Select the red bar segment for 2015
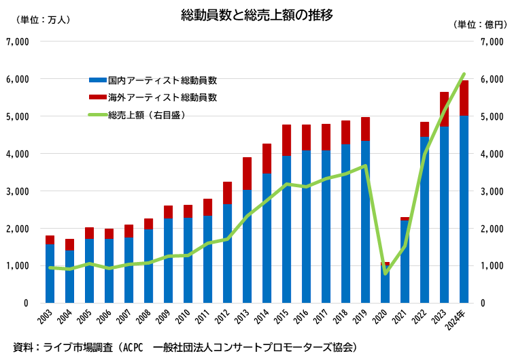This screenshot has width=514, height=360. click(x=287, y=140)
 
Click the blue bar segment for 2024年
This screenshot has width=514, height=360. click(x=464, y=209)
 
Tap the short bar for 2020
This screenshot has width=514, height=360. click(x=385, y=284)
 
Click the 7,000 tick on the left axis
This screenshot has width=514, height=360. click(x=16, y=42)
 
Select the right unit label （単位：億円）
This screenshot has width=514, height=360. click(x=480, y=24)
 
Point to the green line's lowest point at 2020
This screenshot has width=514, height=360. click(x=385, y=274)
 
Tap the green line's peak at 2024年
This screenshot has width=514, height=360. click(x=464, y=73)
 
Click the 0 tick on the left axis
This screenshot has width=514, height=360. click(x=25, y=303)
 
